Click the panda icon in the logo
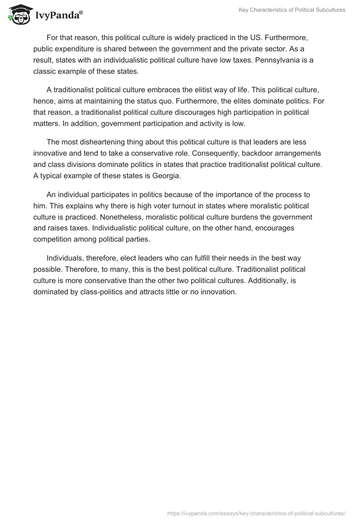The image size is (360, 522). coord(18,15)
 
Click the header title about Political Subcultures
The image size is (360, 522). coord(292,10)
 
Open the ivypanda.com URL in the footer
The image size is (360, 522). coord(256,513)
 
